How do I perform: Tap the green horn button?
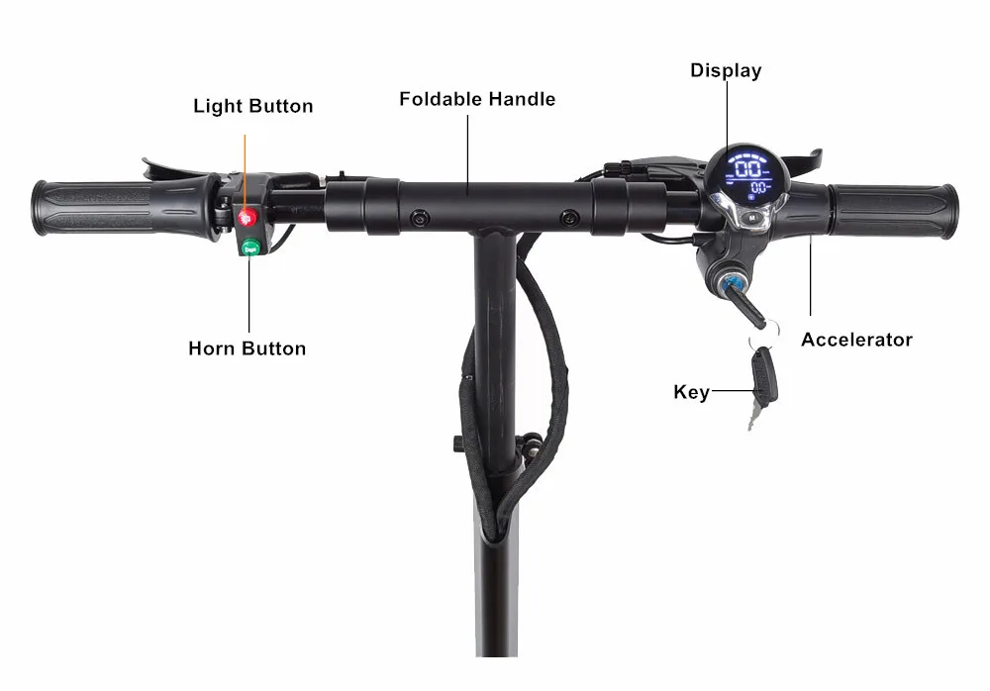(x=247, y=247)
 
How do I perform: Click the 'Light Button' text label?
(x=252, y=106)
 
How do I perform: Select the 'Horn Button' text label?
(x=247, y=348)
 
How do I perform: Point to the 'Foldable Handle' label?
(x=477, y=99)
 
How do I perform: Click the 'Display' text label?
(x=726, y=70)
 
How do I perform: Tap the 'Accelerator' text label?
(x=856, y=340)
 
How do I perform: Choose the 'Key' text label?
(x=691, y=392)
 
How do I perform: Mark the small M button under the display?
(x=751, y=216)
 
